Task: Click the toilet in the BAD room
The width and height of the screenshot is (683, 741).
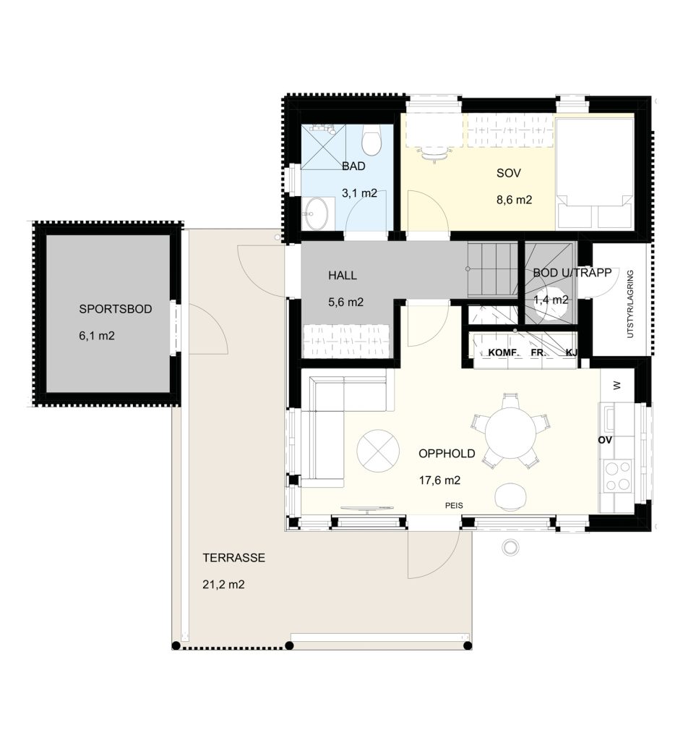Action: pyautogui.click(x=371, y=140)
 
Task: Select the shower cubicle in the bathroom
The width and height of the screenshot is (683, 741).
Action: pyautogui.click(x=323, y=146)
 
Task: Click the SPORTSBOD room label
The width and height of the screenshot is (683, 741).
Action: pyautogui.click(x=115, y=309)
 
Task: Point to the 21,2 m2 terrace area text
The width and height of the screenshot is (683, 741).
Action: pyautogui.click(x=224, y=585)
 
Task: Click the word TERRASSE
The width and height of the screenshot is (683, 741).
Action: pyautogui.click(x=234, y=558)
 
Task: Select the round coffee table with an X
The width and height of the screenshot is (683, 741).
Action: pyautogui.click(x=378, y=450)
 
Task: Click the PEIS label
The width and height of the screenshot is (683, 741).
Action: pyautogui.click(x=454, y=506)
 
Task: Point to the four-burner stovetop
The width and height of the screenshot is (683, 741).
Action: pyautogui.click(x=618, y=476)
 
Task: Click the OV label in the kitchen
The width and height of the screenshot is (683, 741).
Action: pyautogui.click(x=605, y=441)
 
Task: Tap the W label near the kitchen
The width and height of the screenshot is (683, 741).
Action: pyautogui.click(x=617, y=386)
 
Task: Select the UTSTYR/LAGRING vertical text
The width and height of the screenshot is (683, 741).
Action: pyautogui.click(x=630, y=304)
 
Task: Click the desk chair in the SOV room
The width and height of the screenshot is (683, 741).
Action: pyautogui.click(x=434, y=153)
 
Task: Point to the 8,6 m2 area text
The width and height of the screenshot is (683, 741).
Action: pyautogui.click(x=514, y=200)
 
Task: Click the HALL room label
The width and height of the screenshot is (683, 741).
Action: pyautogui.click(x=343, y=276)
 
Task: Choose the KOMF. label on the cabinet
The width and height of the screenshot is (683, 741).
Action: pyautogui.click(x=504, y=352)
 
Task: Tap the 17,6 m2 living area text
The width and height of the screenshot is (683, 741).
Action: pyautogui.click(x=439, y=480)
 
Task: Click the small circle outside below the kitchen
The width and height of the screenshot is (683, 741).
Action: pyautogui.click(x=510, y=547)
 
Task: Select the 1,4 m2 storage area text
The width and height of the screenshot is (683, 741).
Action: pyautogui.click(x=551, y=300)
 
